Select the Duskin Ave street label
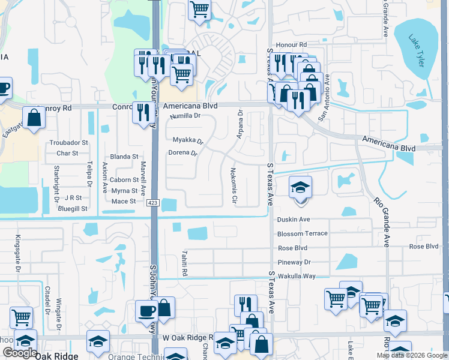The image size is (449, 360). click(x=294, y=220)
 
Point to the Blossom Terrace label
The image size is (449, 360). click(x=303, y=233)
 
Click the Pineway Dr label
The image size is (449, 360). click(x=294, y=262)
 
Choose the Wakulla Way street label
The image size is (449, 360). click(x=297, y=276)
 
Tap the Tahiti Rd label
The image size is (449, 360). click(x=185, y=264)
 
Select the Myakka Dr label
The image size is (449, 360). click(x=188, y=141)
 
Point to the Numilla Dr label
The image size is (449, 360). click(x=184, y=116)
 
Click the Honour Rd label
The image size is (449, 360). click(x=291, y=45)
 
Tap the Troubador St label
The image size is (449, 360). click(x=68, y=143)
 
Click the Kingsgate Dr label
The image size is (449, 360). click(x=17, y=254)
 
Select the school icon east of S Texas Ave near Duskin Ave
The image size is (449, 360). click(x=300, y=188)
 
